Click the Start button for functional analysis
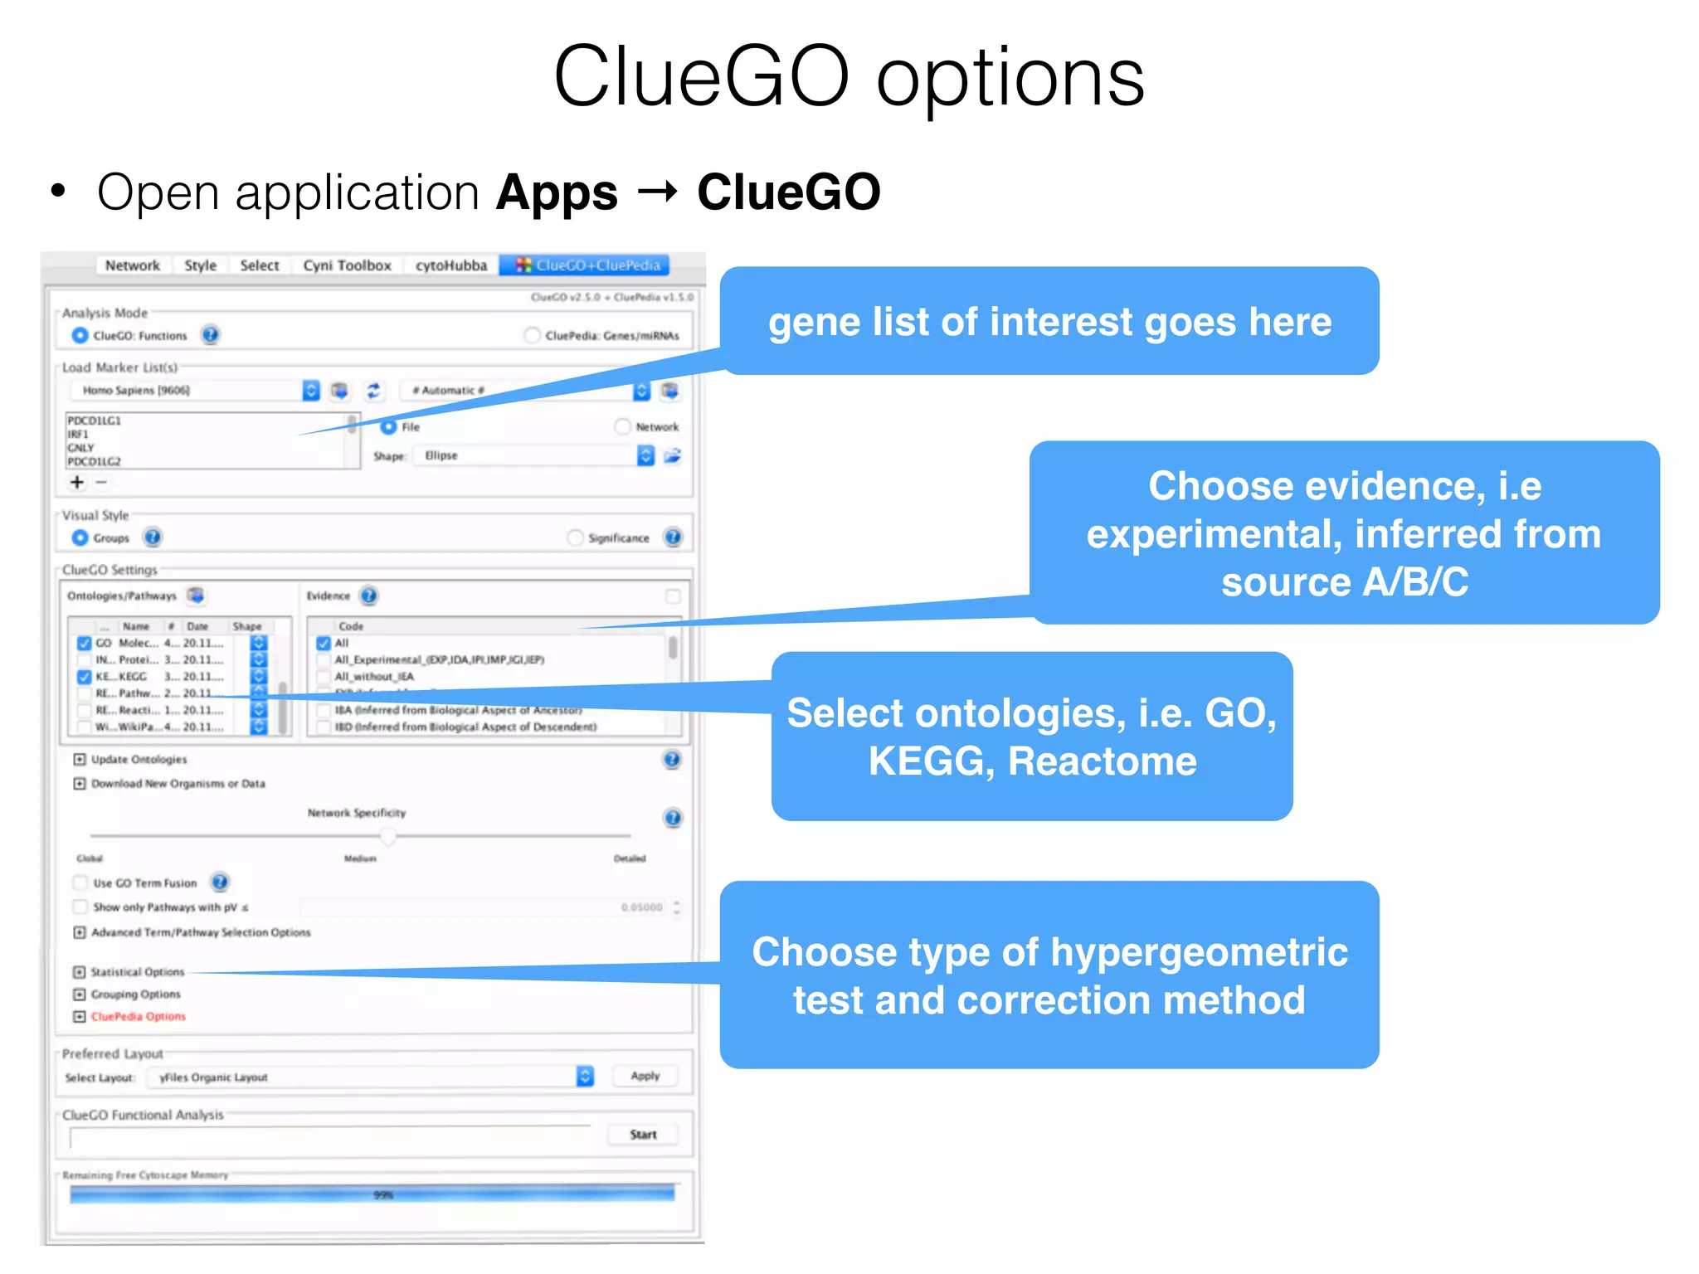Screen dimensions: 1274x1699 (x=642, y=1134)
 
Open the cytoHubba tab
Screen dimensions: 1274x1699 (x=450, y=265)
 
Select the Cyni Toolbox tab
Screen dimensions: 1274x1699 (x=347, y=265)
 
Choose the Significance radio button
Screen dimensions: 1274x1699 (x=575, y=538)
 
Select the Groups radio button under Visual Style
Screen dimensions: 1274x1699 (x=80, y=538)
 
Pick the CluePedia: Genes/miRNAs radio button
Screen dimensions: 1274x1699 (x=532, y=336)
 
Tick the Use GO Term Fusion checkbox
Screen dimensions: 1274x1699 (x=80, y=883)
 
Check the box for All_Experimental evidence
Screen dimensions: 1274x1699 (x=324, y=660)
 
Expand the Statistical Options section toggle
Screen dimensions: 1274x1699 (x=80, y=972)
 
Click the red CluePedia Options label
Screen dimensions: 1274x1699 (x=139, y=1017)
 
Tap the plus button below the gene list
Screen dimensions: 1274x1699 (x=77, y=482)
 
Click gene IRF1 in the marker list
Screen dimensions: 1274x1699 (x=78, y=434)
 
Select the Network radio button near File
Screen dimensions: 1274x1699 (x=622, y=427)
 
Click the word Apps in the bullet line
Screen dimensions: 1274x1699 (x=557, y=193)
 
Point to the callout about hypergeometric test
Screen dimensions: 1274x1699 (x=1049, y=975)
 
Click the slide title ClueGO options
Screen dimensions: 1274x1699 (x=848, y=77)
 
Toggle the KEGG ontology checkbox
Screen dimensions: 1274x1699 (x=84, y=677)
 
